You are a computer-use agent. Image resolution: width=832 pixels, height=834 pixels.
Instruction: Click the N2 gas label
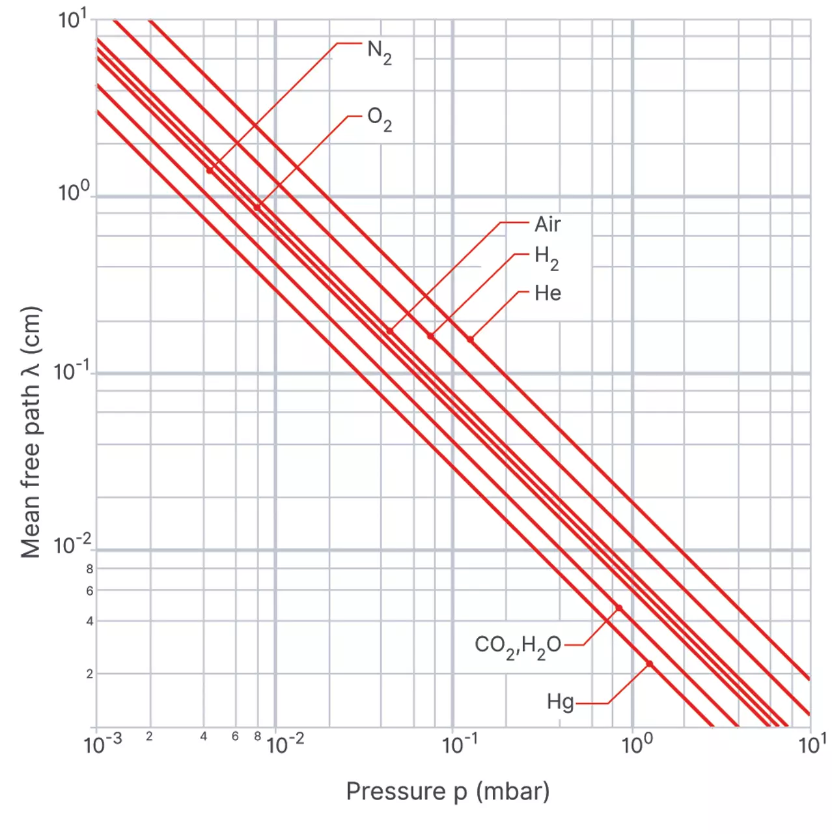tap(379, 52)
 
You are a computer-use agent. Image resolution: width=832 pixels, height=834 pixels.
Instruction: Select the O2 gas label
tap(379, 119)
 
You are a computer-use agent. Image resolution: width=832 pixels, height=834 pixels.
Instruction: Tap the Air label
tap(548, 225)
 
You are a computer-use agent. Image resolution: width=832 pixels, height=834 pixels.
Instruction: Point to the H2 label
tap(546, 257)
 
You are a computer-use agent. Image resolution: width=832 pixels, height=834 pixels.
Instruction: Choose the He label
tap(548, 293)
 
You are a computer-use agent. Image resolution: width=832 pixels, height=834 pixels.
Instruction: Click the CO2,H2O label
tap(518, 646)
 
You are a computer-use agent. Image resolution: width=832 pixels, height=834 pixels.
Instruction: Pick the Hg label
tap(560, 702)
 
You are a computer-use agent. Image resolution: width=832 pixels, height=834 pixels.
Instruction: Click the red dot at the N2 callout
tap(210, 171)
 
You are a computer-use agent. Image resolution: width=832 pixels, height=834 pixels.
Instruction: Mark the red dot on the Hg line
tap(649, 664)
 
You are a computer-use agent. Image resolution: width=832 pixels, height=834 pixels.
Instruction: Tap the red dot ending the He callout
tap(470, 339)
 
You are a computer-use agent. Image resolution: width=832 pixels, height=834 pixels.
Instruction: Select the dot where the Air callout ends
tap(390, 331)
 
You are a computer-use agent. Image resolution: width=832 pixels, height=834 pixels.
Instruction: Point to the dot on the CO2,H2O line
tap(618, 608)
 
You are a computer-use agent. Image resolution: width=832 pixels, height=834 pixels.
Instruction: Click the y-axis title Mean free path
tap(31, 432)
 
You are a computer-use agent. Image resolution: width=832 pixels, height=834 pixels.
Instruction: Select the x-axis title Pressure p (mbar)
tap(447, 791)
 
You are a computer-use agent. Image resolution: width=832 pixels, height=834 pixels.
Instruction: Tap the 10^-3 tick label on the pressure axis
tap(103, 743)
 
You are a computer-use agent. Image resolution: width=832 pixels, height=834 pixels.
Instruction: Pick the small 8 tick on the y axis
tap(90, 569)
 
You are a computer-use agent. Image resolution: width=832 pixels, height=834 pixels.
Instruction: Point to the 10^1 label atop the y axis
tap(72, 20)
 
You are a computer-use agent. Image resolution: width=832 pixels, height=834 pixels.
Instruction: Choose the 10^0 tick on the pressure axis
tap(637, 743)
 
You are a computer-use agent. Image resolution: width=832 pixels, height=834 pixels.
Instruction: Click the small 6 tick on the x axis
tap(236, 736)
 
